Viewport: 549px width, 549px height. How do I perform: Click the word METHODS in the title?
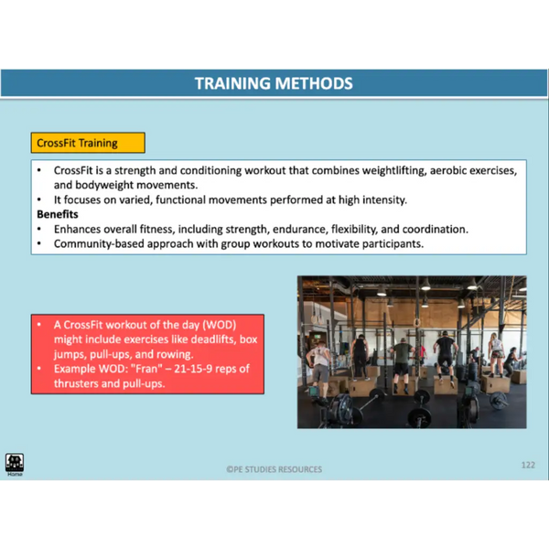click(x=314, y=83)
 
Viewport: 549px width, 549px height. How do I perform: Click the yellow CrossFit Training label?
click(x=88, y=143)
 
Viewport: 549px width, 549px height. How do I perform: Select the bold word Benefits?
click(x=58, y=214)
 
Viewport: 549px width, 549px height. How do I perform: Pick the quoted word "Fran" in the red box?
click(x=148, y=369)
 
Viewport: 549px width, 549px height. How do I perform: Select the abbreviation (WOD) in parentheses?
click(x=220, y=325)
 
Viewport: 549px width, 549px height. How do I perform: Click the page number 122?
click(x=528, y=465)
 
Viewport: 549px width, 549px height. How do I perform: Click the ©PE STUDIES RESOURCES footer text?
click(x=274, y=469)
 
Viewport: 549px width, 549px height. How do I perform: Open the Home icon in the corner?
click(x=15, y=464)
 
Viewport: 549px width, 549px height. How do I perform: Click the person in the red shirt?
click(x=423, y=354)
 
